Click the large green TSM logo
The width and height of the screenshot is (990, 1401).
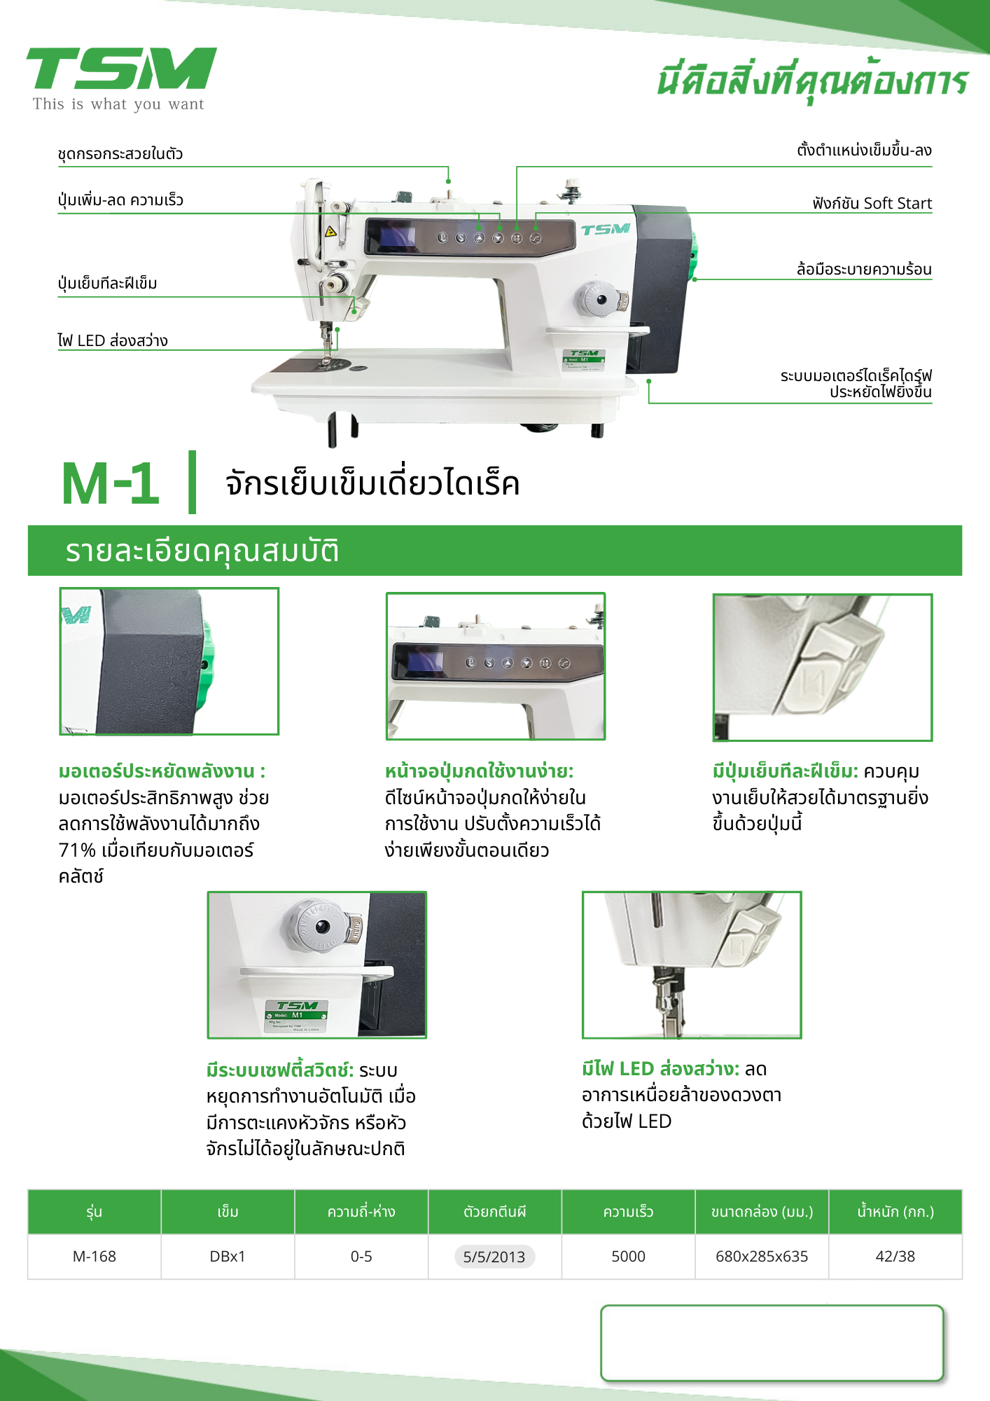[122, 69]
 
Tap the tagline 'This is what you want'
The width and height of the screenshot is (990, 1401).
[118, 104]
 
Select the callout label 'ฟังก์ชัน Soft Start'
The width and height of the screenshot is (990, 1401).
[872, 203]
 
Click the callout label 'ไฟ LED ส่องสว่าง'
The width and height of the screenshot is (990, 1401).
[113, 340]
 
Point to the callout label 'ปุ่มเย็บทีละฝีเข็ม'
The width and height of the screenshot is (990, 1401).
[108, 283]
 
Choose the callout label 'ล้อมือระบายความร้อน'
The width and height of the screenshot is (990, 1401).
[864, 269]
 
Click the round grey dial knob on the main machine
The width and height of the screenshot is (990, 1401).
[601, 300]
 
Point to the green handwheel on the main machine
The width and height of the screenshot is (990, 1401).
[695, 256]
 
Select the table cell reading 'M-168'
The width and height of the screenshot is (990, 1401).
[95, 1256]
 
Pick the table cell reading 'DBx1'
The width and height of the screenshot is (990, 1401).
[228, 1256]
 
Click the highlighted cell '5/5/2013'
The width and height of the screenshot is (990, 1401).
[494, 1256]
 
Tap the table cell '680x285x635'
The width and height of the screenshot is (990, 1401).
[762, 1256]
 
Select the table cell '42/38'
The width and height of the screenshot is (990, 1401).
[895, 1256]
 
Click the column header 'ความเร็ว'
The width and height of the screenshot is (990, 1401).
[628, 1212]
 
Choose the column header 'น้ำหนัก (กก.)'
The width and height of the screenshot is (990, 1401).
[895, 1212]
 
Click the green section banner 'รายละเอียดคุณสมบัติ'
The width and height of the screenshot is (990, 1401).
[495, 551]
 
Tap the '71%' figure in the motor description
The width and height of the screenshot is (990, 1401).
[77, 850]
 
